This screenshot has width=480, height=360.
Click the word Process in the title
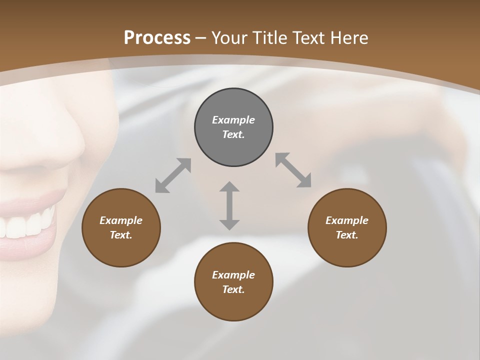pyautogui.click(x=157, y=38)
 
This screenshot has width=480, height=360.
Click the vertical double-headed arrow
pyautogui.click(x=229, y=205)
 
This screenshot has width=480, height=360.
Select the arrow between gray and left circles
pyautogui.click(x=173, y=175)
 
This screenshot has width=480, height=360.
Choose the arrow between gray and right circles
pyautogui.click(x=293, y=170)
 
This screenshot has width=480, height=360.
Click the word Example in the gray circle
pyautogui.click(x=233, y=120)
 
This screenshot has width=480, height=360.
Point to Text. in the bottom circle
pyautogui.click(x=233, y=289)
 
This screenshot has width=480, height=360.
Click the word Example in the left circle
pyautogui.click(x=121, y=220)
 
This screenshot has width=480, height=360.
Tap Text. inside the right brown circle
pyautogui.click(x=347, y=235)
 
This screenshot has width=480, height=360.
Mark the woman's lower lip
pyautogui.click(x=30, y=247)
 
